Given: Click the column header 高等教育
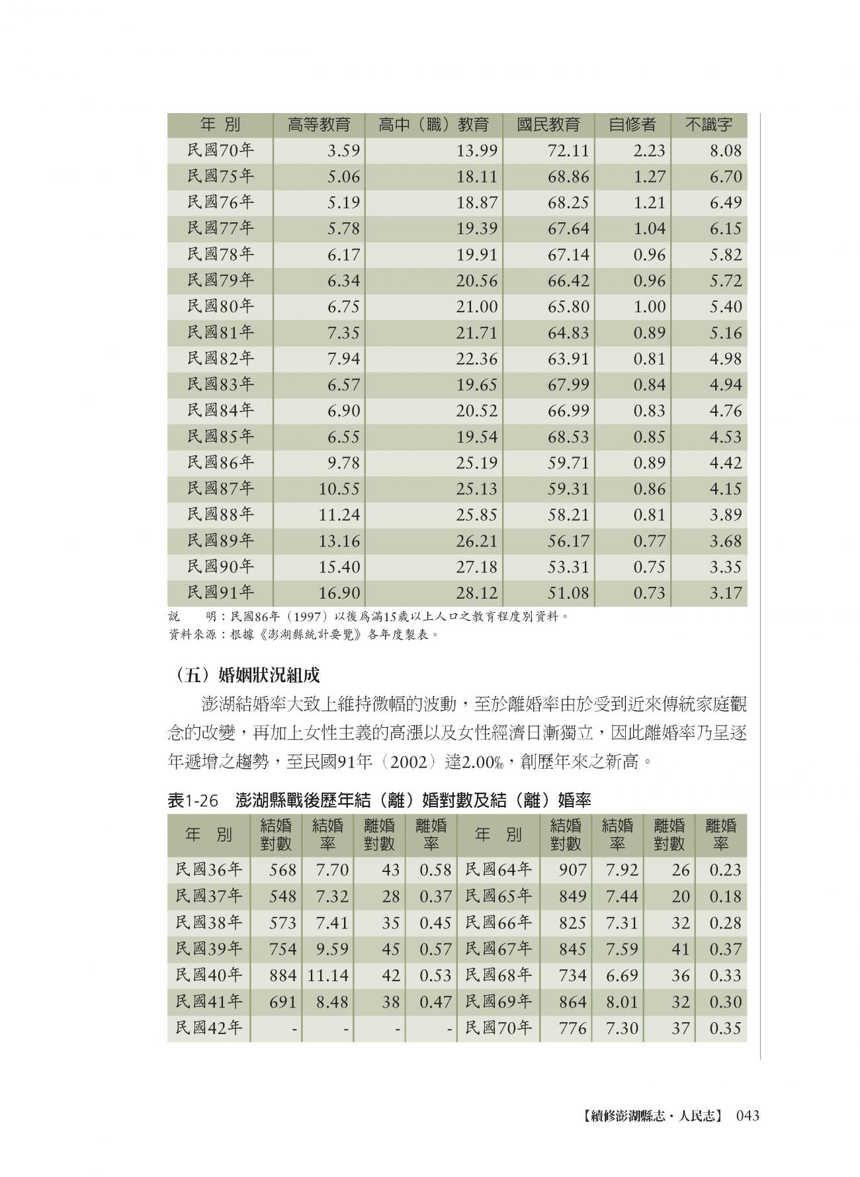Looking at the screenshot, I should [318, 124].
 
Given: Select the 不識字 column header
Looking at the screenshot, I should [708, 124].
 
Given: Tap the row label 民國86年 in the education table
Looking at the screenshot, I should [220, 462].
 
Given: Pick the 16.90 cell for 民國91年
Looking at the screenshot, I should [339, 593].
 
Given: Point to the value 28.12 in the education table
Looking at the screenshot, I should [476, 593].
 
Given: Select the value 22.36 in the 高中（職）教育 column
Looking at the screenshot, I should [476, 359].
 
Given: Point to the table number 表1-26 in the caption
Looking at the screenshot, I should [193, 800].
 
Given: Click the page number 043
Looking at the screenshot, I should [746, 1115].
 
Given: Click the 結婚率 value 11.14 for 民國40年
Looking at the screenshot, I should [327, 975].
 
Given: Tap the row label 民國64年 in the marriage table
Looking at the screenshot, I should [498, 869].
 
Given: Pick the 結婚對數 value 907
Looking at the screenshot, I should [572, 870].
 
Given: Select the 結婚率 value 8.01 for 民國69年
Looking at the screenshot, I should [622, 1002].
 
